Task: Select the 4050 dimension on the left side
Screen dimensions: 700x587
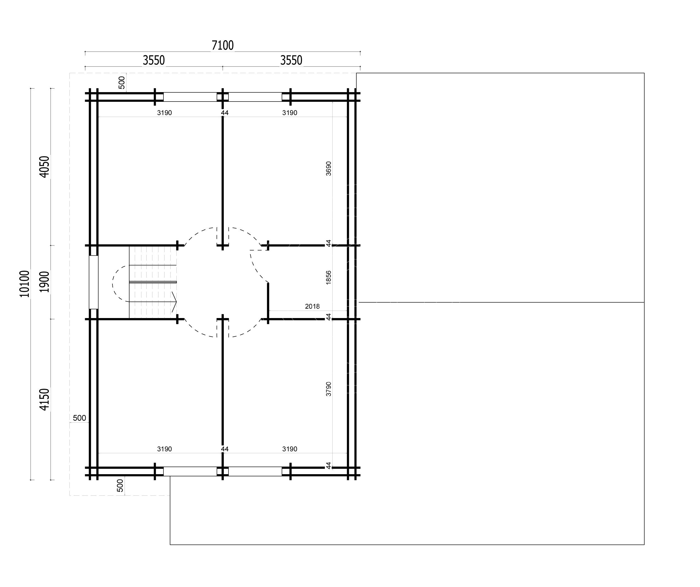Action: click(x=44, y=167)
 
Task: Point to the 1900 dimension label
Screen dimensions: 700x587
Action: click(x=44, y=282)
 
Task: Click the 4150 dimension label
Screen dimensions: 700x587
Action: click(x=44, y=399)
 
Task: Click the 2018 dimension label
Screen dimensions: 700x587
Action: click(x=312, y=306)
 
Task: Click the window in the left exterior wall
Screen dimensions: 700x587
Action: click(x=94, y=282)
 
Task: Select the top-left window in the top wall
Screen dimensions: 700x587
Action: click(x=190, y=97)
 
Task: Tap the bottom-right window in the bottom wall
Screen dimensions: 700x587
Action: click(x=255, y=471)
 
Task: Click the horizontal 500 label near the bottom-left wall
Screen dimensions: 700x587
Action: click(x=79, y=418)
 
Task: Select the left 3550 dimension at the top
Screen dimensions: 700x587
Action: click(x=154, y=60)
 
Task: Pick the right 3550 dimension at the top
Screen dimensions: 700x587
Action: click(x=291, y=60)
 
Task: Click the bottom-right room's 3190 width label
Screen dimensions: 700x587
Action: click(x=290, y=449)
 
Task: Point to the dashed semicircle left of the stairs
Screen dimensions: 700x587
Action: click(x=113, y=284)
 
